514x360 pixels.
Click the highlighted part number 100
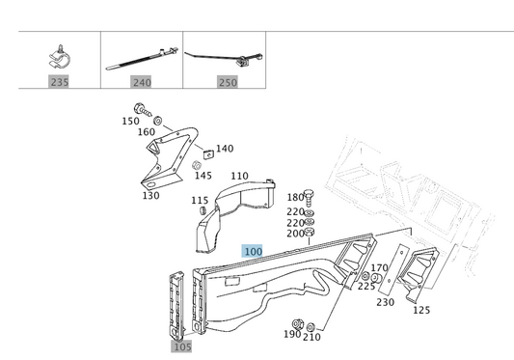[254, 252]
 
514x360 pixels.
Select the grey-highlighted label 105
[182, 346]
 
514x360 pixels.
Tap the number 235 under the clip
[60, 81]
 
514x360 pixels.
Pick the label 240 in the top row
[142, 82]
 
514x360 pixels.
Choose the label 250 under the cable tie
[228, 82]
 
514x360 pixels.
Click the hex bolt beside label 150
[143, 110]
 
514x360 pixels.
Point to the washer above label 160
[158, 121]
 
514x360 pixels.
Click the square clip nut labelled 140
[208, 153]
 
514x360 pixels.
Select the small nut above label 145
[196, 165]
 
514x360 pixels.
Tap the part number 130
[150, 196]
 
